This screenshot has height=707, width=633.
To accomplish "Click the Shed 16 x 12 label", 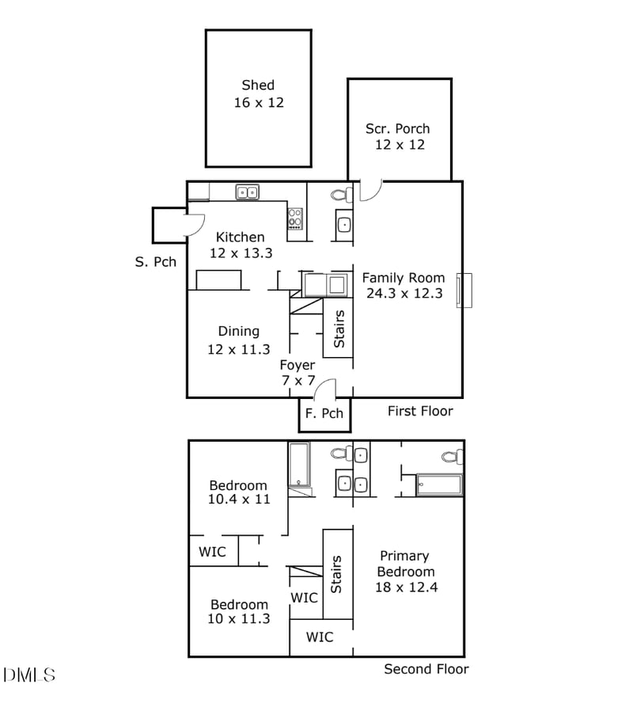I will (258, 93).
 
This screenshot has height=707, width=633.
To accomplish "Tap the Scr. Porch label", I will (398, 136).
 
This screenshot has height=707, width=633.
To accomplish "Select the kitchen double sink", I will (247, 192).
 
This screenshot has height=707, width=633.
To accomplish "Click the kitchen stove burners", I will (295, 218).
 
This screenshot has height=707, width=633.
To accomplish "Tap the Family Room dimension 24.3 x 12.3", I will (404, 293).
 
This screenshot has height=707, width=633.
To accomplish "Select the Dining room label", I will (238, 331).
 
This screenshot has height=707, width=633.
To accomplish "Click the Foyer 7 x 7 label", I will (298, 373).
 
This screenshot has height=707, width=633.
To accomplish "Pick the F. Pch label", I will (324, 413).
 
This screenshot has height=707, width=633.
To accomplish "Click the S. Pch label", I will (156, 262).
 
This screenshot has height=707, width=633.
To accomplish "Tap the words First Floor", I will (420, 411).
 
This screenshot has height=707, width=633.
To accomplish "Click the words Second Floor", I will (426, 669).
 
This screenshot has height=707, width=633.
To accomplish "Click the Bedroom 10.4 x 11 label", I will (238, 492).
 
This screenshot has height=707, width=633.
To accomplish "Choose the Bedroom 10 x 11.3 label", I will (239, 611).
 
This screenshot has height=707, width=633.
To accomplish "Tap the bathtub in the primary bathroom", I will (439, 485).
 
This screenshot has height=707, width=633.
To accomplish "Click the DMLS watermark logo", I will (29, 675).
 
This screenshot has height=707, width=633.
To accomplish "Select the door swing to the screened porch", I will (371, 190).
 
